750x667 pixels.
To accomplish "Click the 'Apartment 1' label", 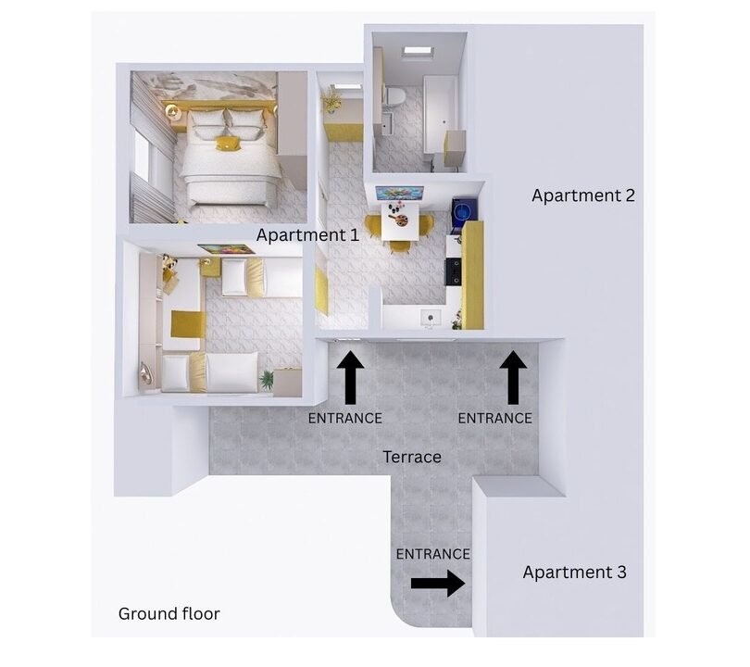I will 307,235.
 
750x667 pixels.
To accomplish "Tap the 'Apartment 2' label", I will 582,195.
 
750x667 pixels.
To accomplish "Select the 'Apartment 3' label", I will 574,572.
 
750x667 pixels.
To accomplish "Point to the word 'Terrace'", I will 412,457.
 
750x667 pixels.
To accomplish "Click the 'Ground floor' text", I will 169,613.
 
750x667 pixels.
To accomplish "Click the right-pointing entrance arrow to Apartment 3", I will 437,583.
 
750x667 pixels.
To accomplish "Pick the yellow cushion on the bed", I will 227,143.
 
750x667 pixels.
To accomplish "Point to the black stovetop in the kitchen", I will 453,270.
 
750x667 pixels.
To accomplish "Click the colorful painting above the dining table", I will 400,193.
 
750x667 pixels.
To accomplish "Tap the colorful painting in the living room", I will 226,249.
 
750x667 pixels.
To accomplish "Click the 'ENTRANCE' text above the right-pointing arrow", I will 432,554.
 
